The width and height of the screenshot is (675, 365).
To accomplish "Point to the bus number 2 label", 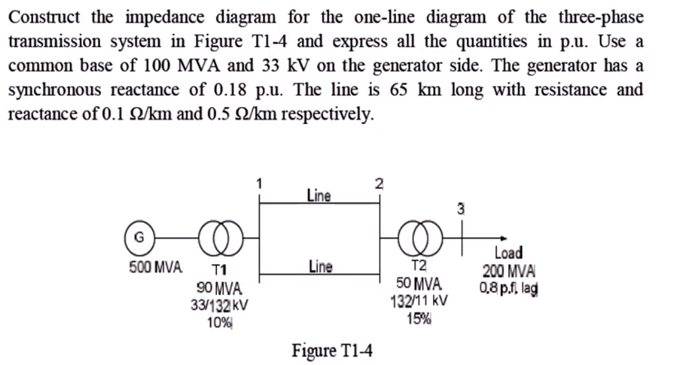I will click(378, 184).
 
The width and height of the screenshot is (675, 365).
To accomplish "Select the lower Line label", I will click(320, 267).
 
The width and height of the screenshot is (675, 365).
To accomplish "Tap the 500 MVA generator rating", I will click(154, 268).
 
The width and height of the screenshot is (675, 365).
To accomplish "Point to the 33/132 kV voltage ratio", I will click(219, 306).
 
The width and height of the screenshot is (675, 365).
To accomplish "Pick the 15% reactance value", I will click(419, 319).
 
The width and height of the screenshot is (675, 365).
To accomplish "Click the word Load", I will click(508, 253).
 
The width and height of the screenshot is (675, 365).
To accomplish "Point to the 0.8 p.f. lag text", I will click(509, 288).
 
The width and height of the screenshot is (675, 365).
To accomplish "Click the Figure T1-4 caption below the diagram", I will click(332, 350).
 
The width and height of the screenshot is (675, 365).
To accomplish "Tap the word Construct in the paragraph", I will click(45, 17).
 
